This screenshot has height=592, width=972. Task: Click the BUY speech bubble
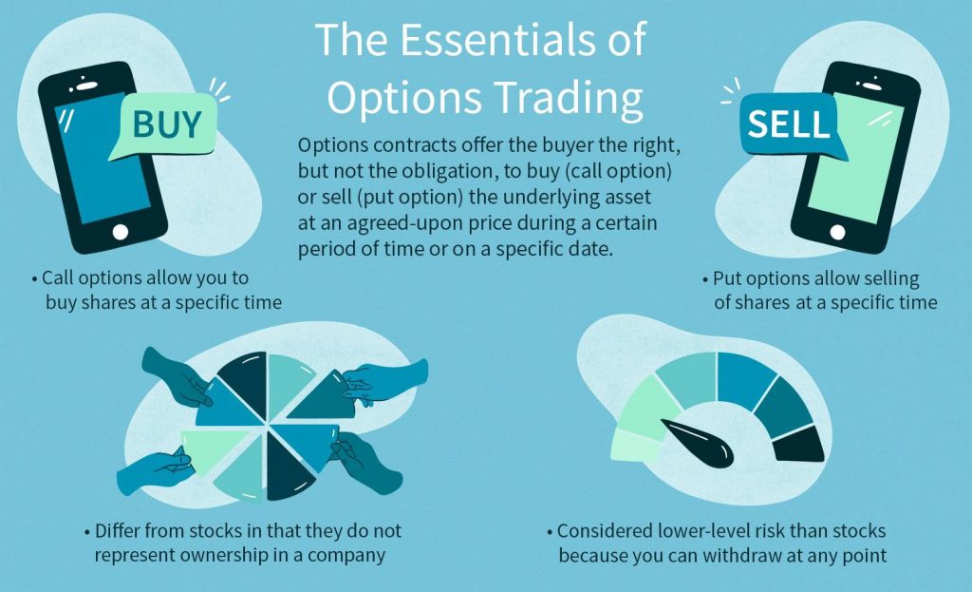(165, 125)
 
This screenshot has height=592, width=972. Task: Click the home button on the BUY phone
(121, 232)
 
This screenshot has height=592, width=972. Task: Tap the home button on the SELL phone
(837, 232)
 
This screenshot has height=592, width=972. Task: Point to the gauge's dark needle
(698, 443)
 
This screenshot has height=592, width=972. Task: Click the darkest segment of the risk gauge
(798, 443)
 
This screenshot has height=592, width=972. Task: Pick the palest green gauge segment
(637, 445)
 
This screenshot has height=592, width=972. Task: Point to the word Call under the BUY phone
(58, 277)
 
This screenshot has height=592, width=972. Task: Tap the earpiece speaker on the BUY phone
(86, 85)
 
